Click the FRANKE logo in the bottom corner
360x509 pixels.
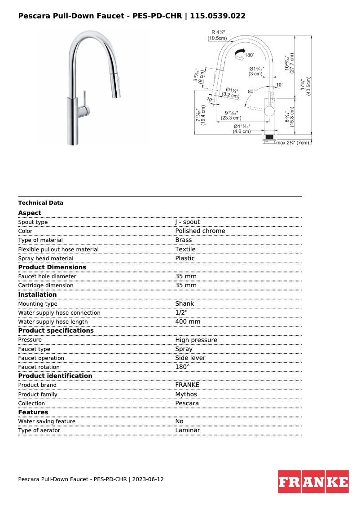[313, 482]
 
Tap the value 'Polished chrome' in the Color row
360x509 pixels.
[200, 231]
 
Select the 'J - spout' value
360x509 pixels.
[188, 222]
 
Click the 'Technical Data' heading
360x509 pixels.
[41, 203]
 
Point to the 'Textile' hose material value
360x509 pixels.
[185, 249]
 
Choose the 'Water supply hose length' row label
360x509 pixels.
[53, 322]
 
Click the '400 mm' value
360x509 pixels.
[188, 322]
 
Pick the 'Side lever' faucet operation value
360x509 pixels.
[190, 358]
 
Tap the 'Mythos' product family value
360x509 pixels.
[186, 395]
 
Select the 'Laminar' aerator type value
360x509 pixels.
[188, 430]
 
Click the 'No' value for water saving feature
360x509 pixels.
[179, 421]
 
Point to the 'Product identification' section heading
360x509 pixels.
[55, 376]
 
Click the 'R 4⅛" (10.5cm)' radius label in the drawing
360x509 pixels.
[217, 35]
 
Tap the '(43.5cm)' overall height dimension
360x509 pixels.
[308, 85]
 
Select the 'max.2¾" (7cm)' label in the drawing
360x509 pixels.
[292, 143]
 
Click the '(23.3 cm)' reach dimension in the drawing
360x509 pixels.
[231, 118]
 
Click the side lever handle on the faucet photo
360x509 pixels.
[83, 100]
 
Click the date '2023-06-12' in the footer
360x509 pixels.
[148, 479]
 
